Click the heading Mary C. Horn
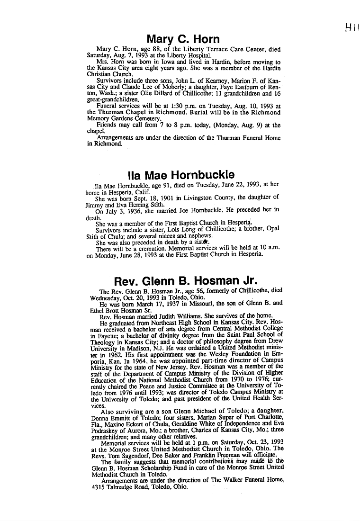coord(183,38)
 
